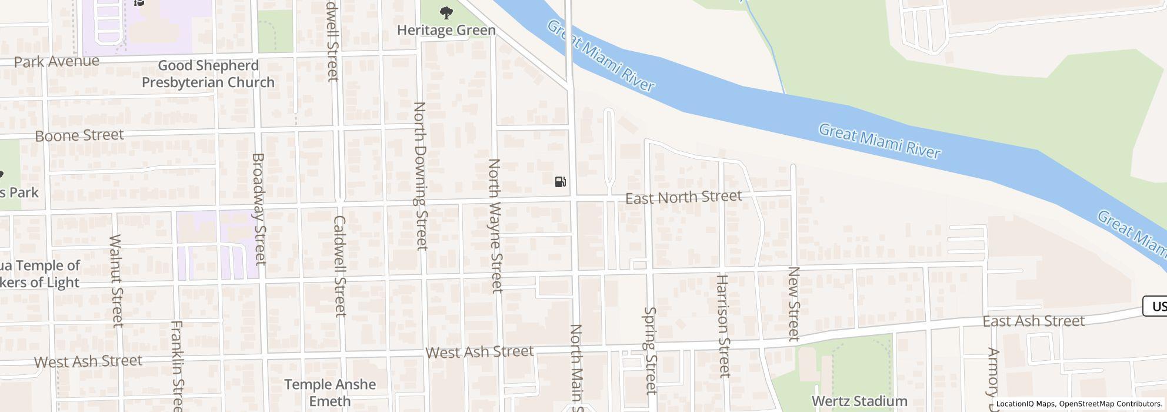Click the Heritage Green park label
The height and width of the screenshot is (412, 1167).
pyautogui.click(x=446, y=30)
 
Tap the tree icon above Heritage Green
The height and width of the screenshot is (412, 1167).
pyautogui.click(x=446, y=12)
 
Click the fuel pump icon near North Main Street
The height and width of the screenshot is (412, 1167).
pyautogui.click(x=560, y=182)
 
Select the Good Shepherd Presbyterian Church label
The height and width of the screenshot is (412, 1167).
pyautogui.click(x=208, y=74)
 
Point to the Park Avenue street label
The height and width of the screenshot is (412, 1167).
pyautogui.click(x=56, y=62)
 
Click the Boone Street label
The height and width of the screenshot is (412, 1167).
pyautogui.click(x=79, y=136)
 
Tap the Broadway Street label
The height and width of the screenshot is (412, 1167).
pyautogui.click(x=259, y=209)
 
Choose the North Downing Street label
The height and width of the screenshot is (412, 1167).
pyautogui.click(x=420, y=176)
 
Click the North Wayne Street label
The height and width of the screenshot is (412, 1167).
pyautogui.click(x=495, y=225)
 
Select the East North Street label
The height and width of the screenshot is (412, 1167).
pyautogui.click(x=683, y=197)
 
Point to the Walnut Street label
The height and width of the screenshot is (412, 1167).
pyautogui.click(x=116, y=281)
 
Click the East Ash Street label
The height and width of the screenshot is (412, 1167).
pyautogui.click(x=1033, y=321)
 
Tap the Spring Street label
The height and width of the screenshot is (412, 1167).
pyautogui.click(x=650, y=350)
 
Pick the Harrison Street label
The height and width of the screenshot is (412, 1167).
pyautogui.click(x=723, y=325)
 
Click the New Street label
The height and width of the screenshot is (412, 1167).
pyautogui.click(x=793, y=304)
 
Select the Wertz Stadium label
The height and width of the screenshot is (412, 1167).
pyautogui.click(x=859, y=401)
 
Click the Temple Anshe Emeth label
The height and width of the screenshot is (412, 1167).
pyautogui.click(x=330, y=393)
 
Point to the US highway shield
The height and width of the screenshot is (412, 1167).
pyautogui.click(x=1156, y=306)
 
